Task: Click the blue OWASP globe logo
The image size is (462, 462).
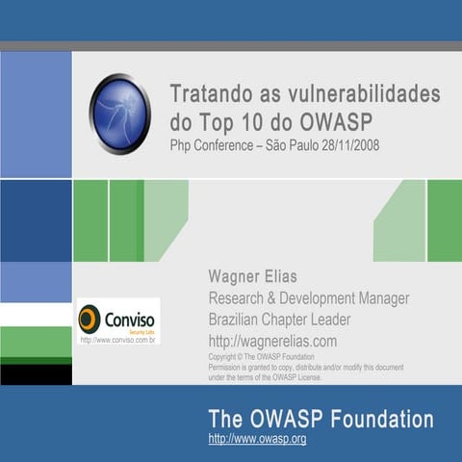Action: point(119,114)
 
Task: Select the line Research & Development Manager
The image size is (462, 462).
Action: point(308,297)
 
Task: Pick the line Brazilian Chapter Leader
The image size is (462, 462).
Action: point(279,320)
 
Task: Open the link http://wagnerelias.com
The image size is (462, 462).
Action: point(272,341)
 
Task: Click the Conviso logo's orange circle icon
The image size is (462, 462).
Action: point(90,319)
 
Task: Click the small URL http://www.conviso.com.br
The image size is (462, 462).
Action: point(118,340)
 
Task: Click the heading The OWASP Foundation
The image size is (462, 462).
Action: point(321,420)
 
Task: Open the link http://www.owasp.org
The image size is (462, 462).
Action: point(257,439)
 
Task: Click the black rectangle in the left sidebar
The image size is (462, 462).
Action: point(36,373)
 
